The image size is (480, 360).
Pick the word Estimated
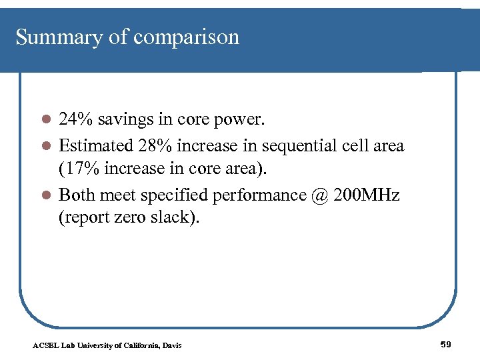click(x=97, y=145)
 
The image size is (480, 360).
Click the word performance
click(x=260, y=195)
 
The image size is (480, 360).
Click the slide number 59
click(x=446, y=344)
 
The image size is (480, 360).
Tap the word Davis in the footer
click(x=171, y=345)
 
